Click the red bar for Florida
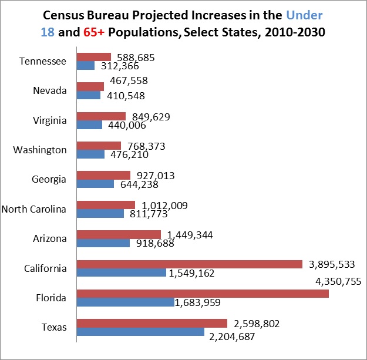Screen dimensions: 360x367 click(x=203, y=293)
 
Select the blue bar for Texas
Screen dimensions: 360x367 click(x=140, y=332)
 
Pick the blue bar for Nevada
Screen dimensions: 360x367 click(x=89, y=95)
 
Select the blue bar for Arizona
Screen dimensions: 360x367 click(x=103, y=243)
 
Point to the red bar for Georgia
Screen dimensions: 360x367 click(x=103, y=175)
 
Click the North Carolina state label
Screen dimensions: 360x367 click(x=35, y=208)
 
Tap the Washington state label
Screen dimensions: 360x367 click(x=40, y=150)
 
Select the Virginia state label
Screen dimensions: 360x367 click(x=50, y=120)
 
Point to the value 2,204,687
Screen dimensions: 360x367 click(x=234, y=337)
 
